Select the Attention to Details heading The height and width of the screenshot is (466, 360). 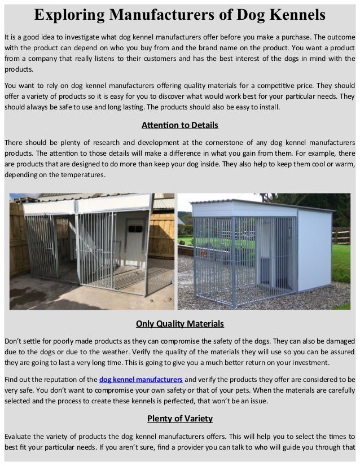[x=179, y=125]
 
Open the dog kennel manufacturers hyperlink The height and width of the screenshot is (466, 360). [x=141, y=379]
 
